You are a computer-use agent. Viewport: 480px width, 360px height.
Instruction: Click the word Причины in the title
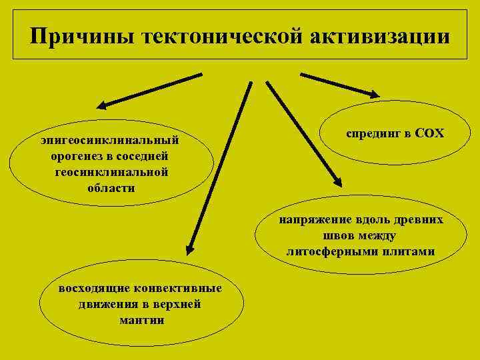point(81,36)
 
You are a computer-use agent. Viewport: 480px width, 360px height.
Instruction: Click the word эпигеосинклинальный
point(111,141)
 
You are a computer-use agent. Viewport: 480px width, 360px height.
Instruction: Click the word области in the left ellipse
point(111,187)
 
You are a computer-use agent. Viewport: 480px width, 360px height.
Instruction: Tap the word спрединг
point(371,133)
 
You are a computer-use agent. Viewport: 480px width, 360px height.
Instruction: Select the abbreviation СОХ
point(429,133)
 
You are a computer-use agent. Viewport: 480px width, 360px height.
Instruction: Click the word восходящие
point(93,289)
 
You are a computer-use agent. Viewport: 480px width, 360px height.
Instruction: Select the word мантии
point(140,320)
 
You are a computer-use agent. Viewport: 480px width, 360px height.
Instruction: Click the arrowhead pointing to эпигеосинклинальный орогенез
point(101,105)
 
